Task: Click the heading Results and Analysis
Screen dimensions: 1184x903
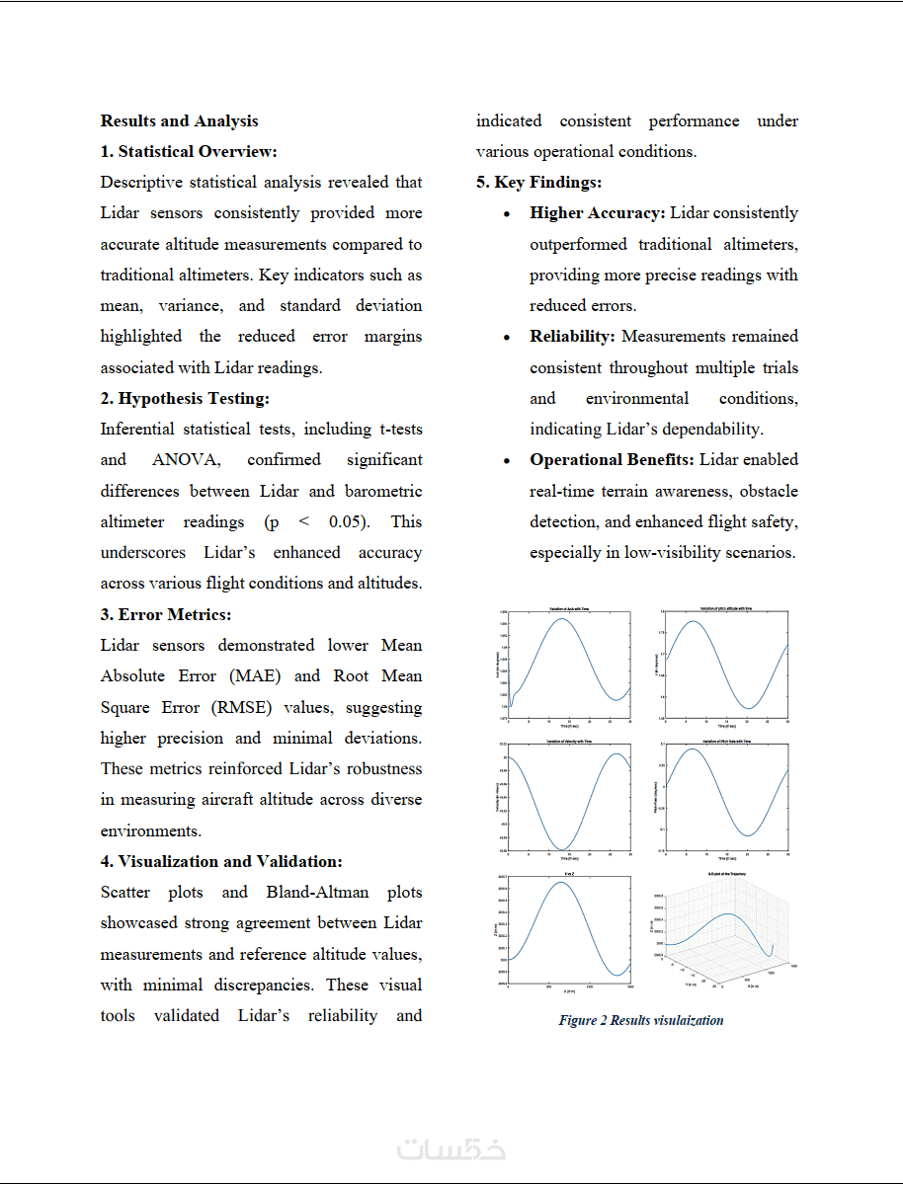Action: tap(179, 121)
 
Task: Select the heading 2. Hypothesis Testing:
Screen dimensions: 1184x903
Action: tap(185, 399)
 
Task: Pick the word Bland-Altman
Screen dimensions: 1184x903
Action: tap(317, 893)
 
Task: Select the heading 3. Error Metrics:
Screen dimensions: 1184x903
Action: tap(165, 614)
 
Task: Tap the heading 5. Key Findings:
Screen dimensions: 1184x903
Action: tap(538, 183)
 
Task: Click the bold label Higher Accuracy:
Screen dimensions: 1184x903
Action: tap(598, 213)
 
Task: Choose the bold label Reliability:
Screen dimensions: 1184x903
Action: tap(572, 337)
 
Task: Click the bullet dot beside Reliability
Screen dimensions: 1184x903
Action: tap(507, 338)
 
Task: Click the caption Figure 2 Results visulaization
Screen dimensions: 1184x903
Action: tap(640, 1020)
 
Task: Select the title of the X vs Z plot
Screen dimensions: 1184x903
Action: tap(563, 874)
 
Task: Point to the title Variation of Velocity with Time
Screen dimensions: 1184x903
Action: tap(563, 741)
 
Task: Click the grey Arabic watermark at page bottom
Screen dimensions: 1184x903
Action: tap(451, 1149)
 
